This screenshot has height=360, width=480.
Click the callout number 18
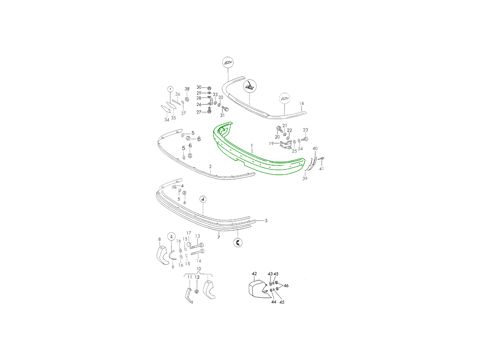click(x=301, y=103)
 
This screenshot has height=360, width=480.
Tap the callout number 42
click(x=254, y=274)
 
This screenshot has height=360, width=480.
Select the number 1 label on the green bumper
click(x=252, y=146)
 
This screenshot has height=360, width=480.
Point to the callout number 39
click(x=305, y=178)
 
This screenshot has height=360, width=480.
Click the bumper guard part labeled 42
click(x=258, y=289)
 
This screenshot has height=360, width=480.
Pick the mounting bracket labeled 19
click(x=286, y=145)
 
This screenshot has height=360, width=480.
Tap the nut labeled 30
click(x=209, y=88)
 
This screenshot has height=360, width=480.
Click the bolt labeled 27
click(x=209, y=110)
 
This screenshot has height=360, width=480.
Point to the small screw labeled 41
click(x=322, y=158)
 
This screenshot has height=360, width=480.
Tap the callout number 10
click(x=198, y=269)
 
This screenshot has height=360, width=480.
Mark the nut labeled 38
click(x=187, y=99)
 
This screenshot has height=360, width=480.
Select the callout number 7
click(x=218, y=237)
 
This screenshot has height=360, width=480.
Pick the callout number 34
click(x=167, y=120)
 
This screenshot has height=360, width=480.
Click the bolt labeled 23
click(x=305, y=139)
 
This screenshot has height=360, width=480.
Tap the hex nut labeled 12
click(x=196, y=291)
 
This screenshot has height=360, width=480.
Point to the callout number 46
click(x=286, y=286)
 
